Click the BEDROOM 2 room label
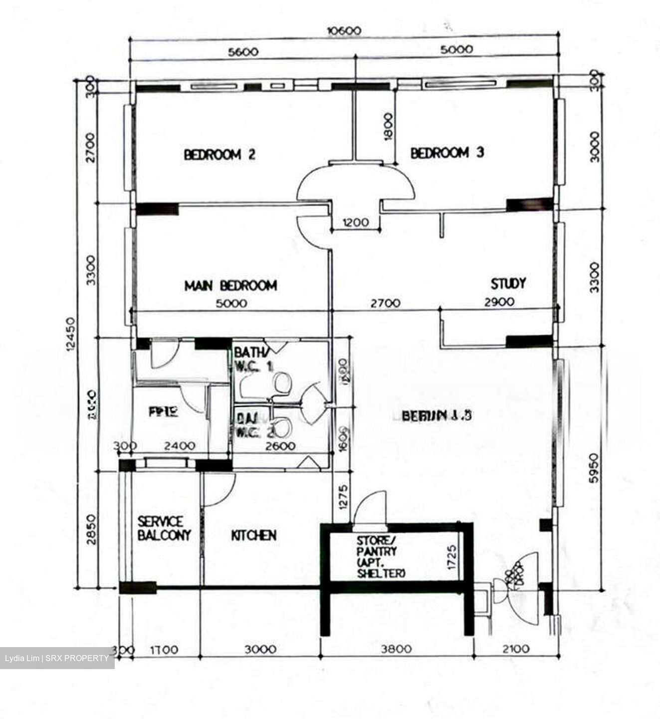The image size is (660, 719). click(x=220, y=154)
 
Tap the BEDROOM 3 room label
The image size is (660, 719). click(x=447, y=152)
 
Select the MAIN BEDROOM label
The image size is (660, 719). click(x=230, y=286)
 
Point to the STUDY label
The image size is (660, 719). click(x=508, y=284)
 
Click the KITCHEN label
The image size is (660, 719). click(x=253, y=535)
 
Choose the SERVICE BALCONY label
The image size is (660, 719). click(x=164, y=529)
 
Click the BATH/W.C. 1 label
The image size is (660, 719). click(x=253, y=359)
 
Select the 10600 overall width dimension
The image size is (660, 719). click(x=344, y=31)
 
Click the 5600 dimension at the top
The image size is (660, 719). click(x=242, y=51)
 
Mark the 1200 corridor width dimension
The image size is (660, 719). click(x=355, y=222)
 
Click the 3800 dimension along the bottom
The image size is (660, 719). click(x=397, y=649)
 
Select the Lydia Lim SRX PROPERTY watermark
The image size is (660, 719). click(x=57, y=658)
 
